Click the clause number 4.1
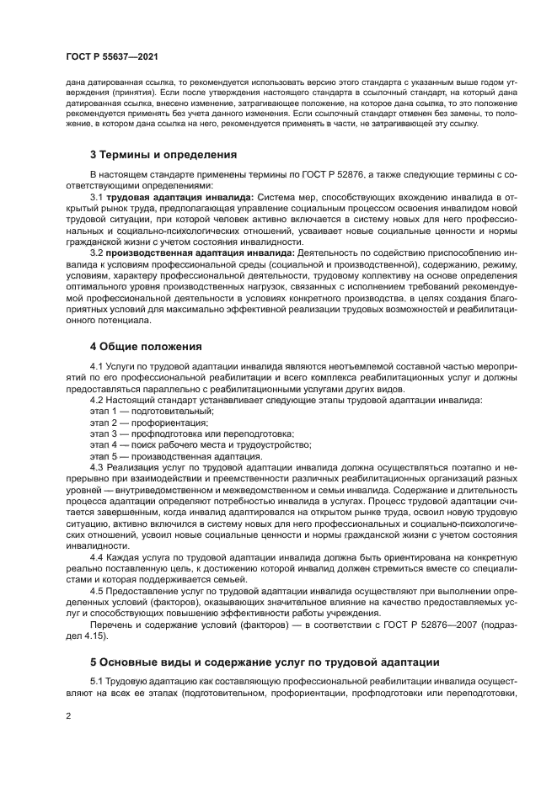[x=96, y=368]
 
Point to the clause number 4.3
[x=96, y=466]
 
